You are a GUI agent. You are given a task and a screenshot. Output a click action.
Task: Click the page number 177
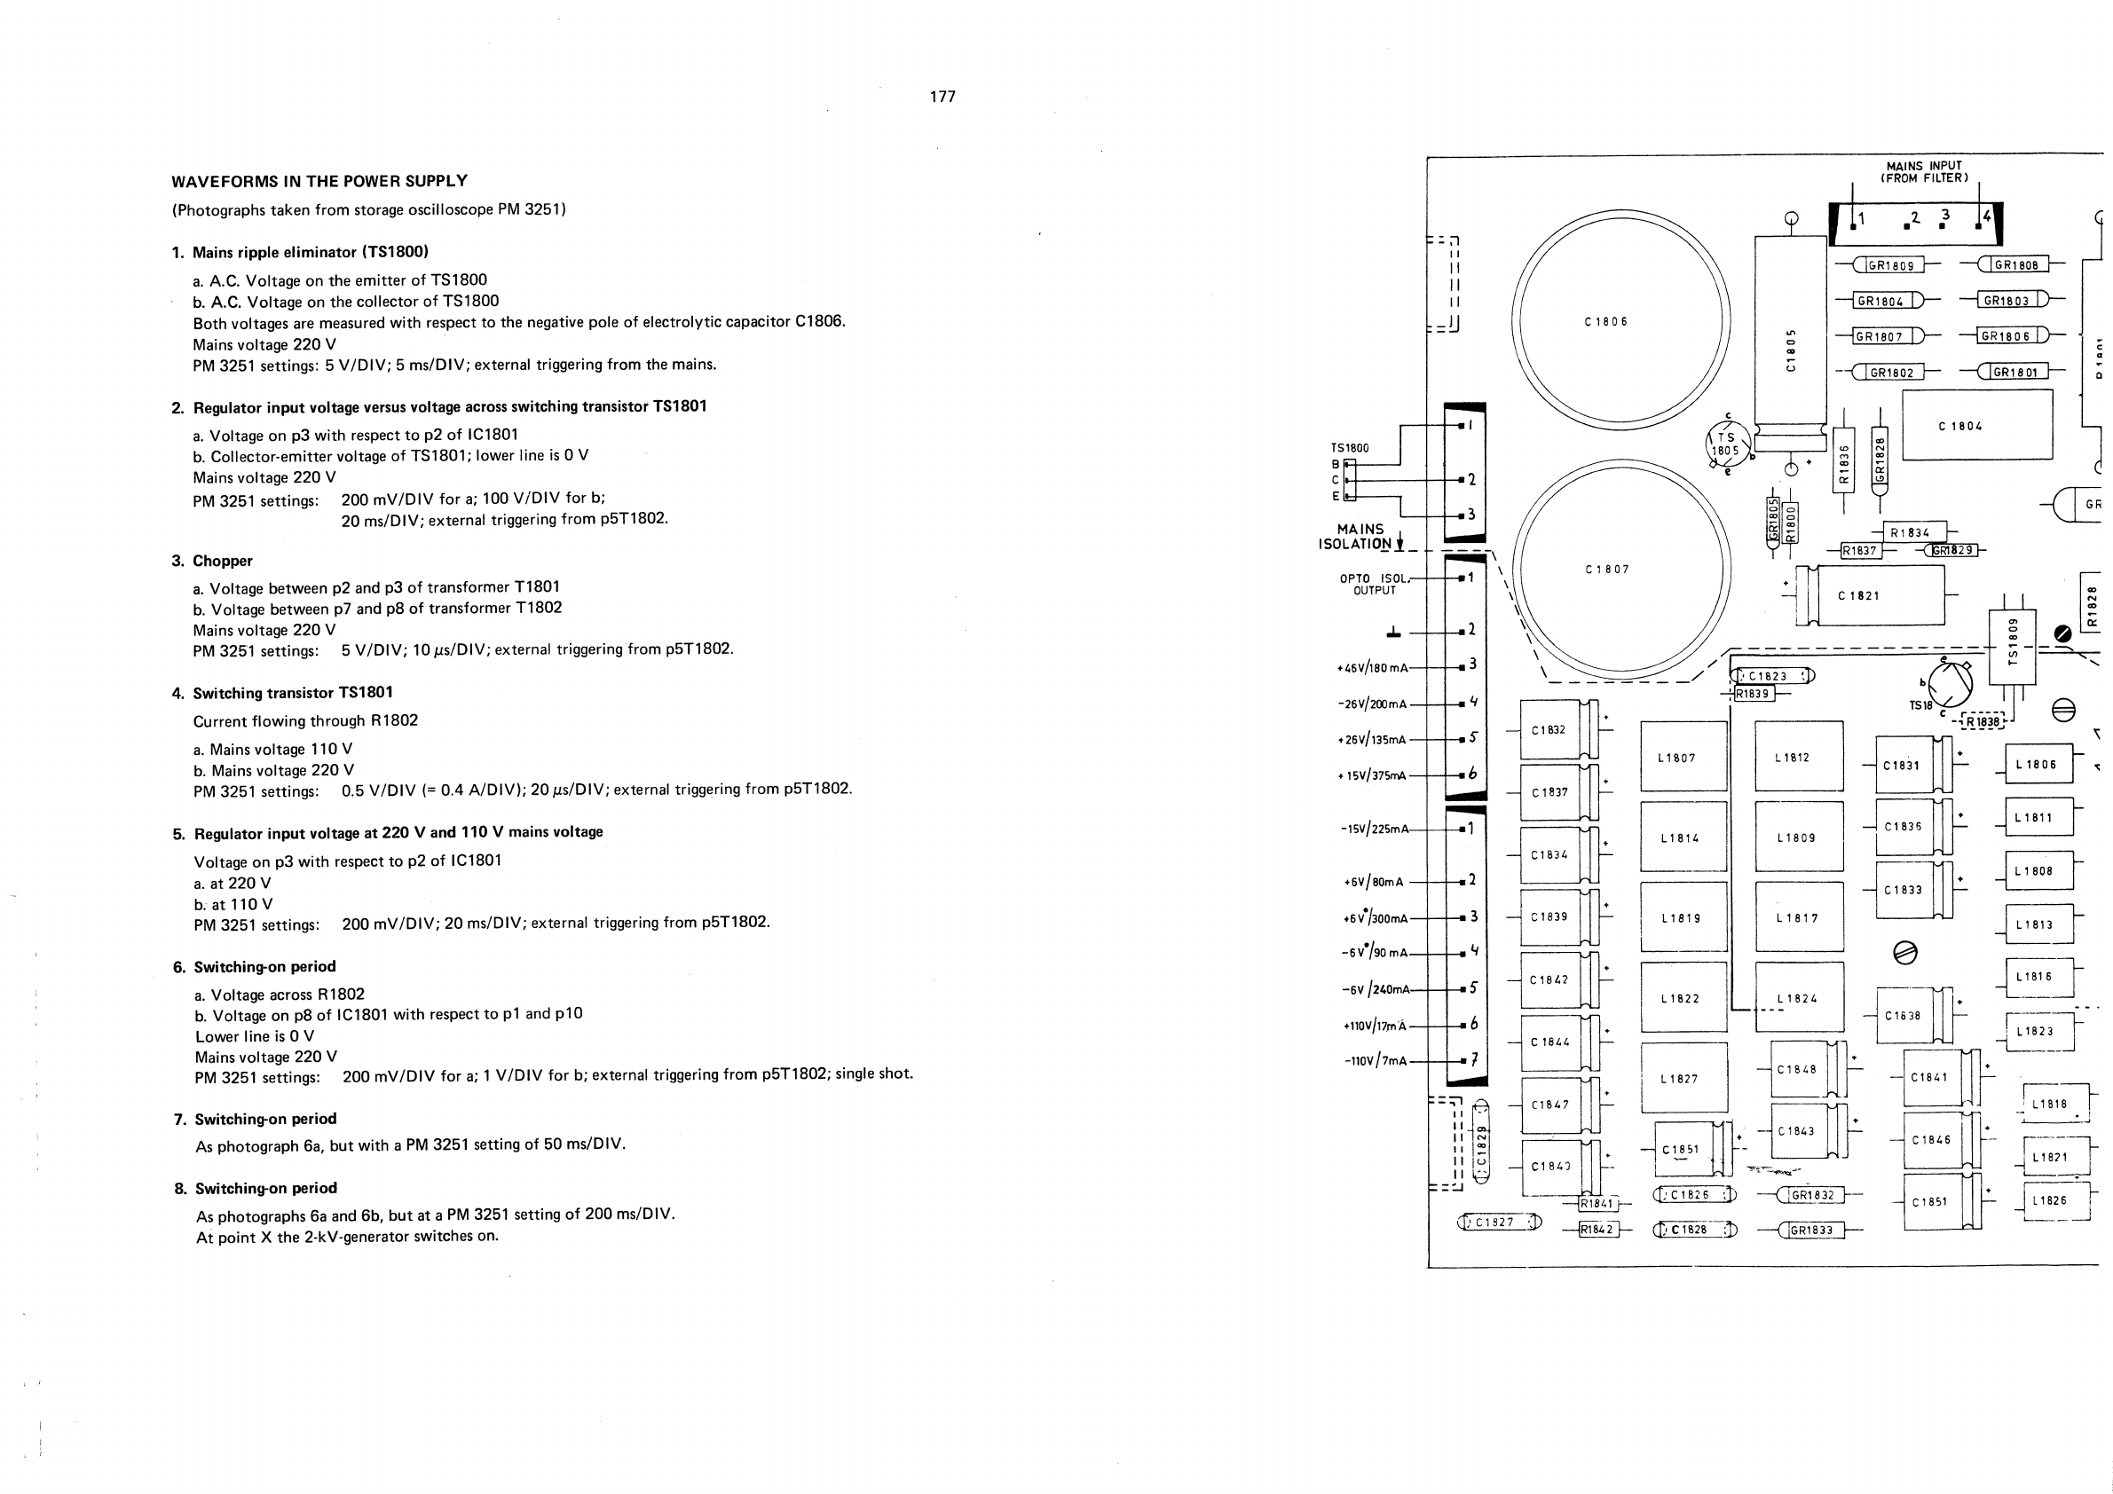coord(942,97)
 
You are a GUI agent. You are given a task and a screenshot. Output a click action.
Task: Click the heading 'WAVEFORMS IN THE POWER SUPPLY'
coord(319,181)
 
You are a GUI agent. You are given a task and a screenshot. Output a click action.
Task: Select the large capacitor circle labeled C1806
coord(1620,319)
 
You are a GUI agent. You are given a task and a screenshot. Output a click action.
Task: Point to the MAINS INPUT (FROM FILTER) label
coord(1923,172)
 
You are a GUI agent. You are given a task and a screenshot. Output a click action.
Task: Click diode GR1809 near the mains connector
coord(1889,266)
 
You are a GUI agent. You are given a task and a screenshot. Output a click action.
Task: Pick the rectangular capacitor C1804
coord(1977,425)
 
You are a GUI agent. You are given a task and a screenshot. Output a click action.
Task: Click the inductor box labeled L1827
coord(1684,1077)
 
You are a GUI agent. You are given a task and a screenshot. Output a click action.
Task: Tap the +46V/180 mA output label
coord(1372,668)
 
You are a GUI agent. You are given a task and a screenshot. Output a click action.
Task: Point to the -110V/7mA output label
coord(1376,1061)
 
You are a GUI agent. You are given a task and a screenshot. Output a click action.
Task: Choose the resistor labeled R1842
coord(1597,1229)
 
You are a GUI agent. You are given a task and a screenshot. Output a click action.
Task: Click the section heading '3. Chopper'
coord(222,562)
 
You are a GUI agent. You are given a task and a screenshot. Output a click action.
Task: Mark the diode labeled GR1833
coord(1811,1230)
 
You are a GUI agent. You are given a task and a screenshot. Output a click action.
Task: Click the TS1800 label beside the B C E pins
coord(1349,448)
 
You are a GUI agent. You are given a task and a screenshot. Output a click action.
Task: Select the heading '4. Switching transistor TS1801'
coord(282,693)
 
